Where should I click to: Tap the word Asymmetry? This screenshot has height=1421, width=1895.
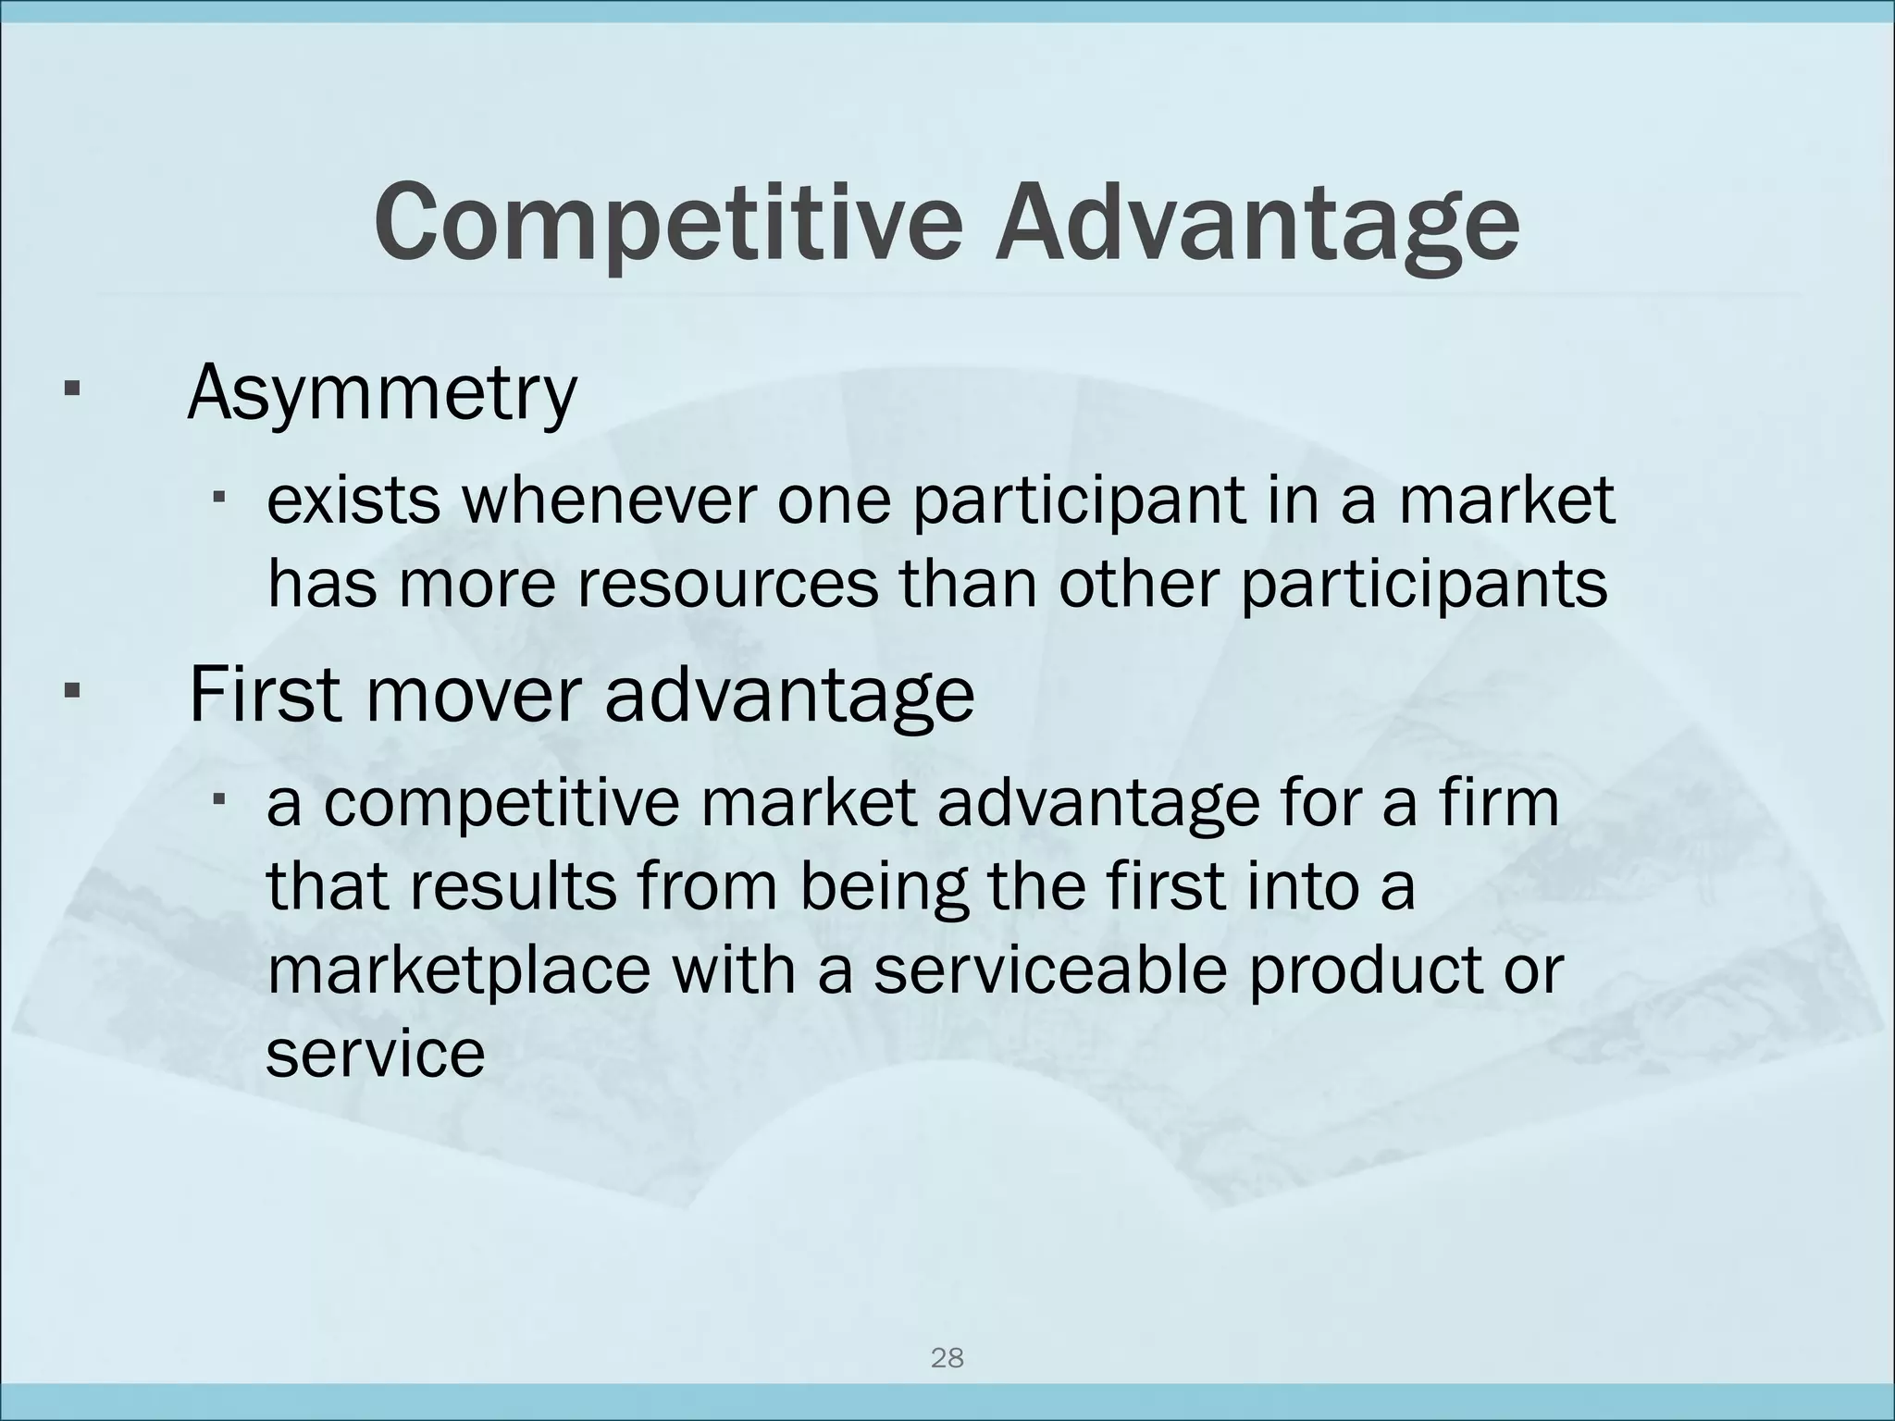coord(381,394)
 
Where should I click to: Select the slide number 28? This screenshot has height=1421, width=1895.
coord(947,1358)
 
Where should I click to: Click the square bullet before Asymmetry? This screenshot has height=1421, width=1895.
coord(70,387)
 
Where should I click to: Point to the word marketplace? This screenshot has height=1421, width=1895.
coord(459,971)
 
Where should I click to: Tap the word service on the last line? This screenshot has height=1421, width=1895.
coord(375,1054)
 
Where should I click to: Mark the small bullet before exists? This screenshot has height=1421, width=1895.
coord(219,498)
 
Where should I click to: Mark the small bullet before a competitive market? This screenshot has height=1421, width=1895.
coord(219,798)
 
